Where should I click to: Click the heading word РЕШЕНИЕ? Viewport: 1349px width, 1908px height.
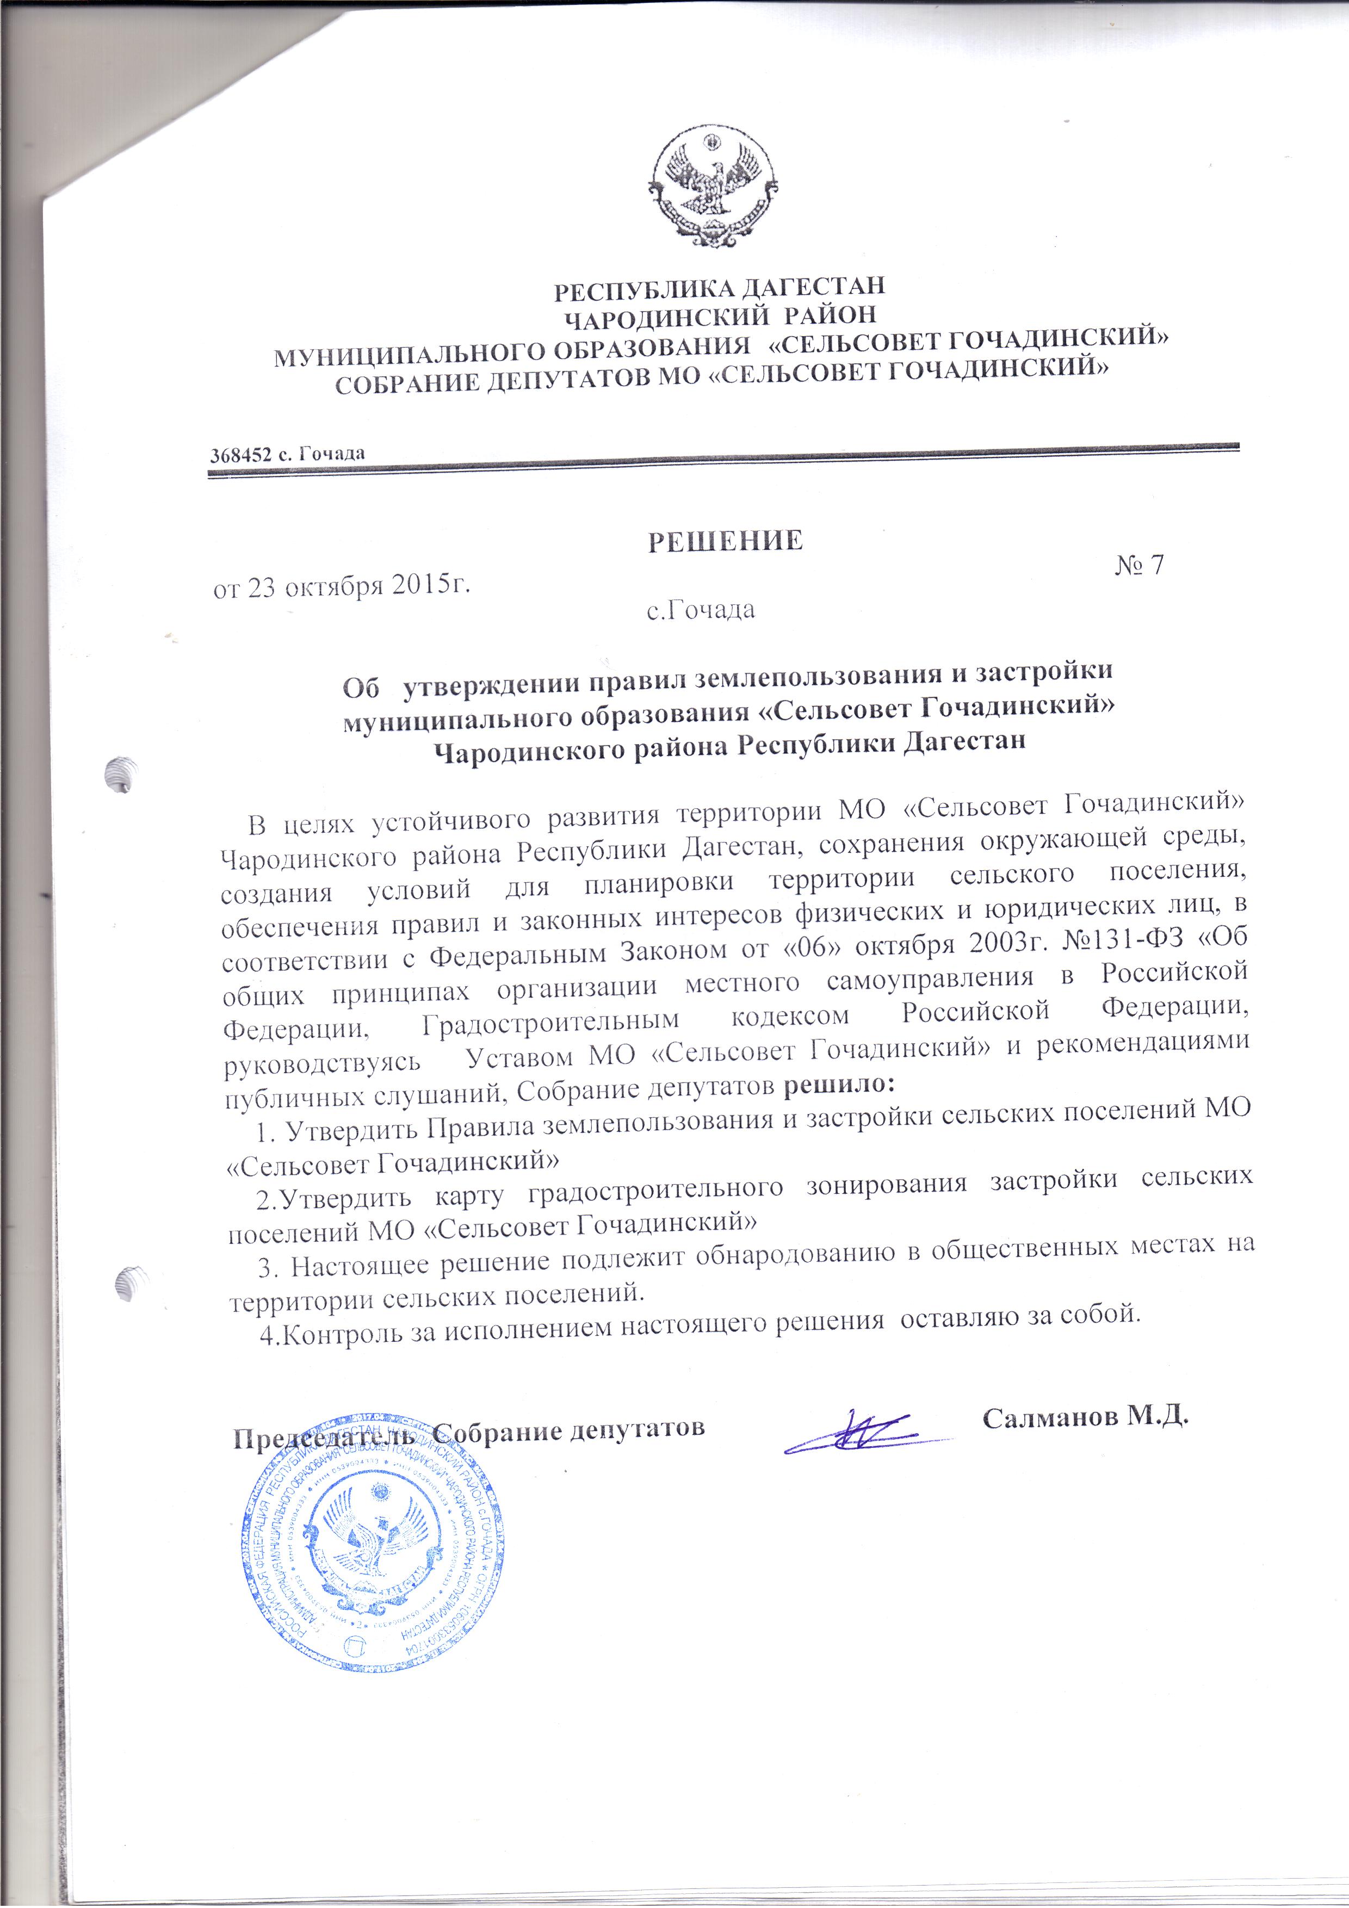tap(725, 540)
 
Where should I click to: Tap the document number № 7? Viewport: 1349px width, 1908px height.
tap(1138, 564)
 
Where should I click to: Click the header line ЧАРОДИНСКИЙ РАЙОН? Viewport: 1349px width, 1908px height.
tap(719, 315)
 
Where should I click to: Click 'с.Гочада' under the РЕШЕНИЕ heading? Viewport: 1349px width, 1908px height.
tap(701, 611)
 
